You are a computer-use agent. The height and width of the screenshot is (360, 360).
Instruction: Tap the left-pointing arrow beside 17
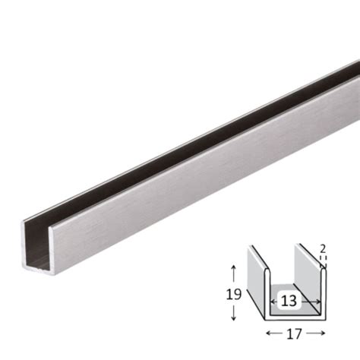pyautogui.click(x=270, y=333)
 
